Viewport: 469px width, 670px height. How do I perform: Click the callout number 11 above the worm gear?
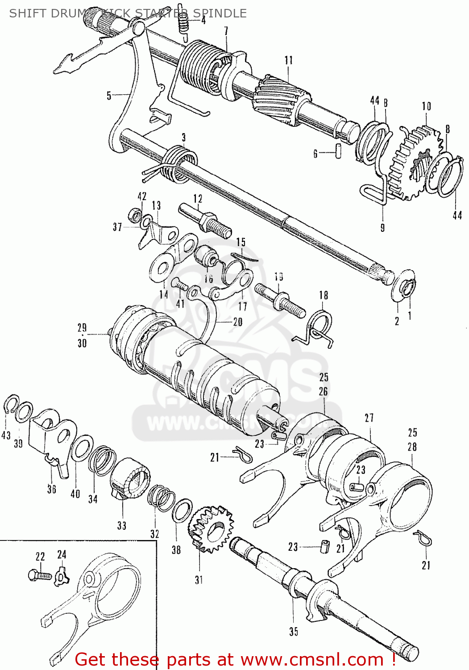click(x=289, y=60)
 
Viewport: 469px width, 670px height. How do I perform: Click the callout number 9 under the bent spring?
click(x=382, y=228)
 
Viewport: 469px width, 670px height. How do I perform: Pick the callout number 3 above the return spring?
click(x=183, y=138)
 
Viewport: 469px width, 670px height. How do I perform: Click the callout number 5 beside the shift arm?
click(x=109, y=95)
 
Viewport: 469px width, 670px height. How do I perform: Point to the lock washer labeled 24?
click(x=62, y=577)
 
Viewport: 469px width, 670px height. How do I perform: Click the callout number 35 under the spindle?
click(x=293, y=632)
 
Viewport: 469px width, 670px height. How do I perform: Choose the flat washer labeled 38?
click(x=182, y=511)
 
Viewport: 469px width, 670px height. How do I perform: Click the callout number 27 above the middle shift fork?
click(x=369, y=418)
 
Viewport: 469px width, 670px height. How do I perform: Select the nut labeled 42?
click(x=133, y=215)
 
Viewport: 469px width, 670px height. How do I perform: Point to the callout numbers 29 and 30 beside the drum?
click(x=82, y=335)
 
